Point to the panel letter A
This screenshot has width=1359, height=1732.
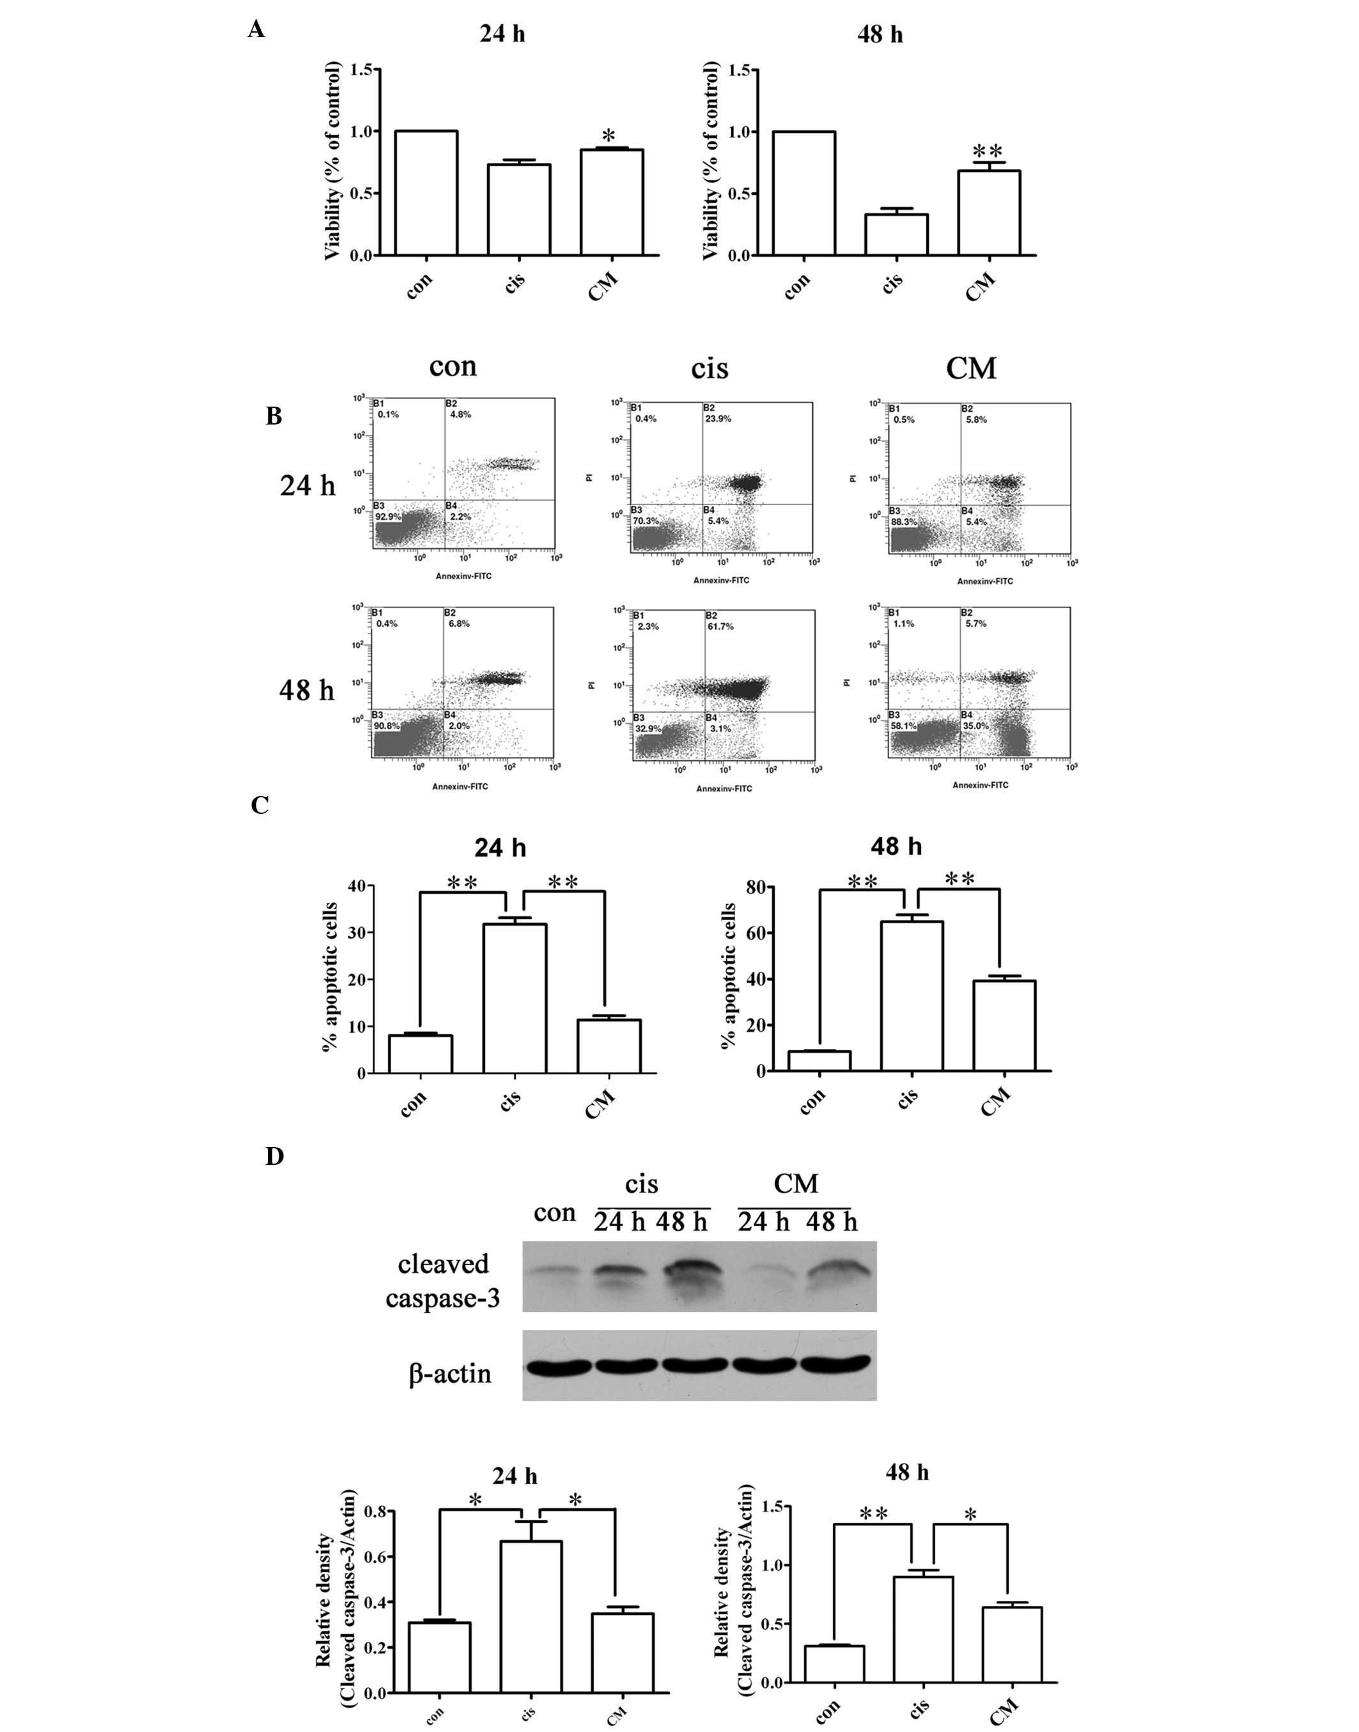pyautogui.click(x=256, y=30)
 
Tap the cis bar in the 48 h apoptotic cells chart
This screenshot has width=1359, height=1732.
pyautogui.click(x=912, y=995)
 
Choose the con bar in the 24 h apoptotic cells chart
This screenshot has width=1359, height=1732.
pyautogui.click(x=420, y=1054)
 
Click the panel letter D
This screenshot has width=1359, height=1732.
pyautogui.click(x=274, y=1157)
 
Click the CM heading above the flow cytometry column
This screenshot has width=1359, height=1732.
pyautogui.click(x=971, y=368)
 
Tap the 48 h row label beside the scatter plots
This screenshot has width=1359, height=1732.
pyautogui.click(x=307, y=690)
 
